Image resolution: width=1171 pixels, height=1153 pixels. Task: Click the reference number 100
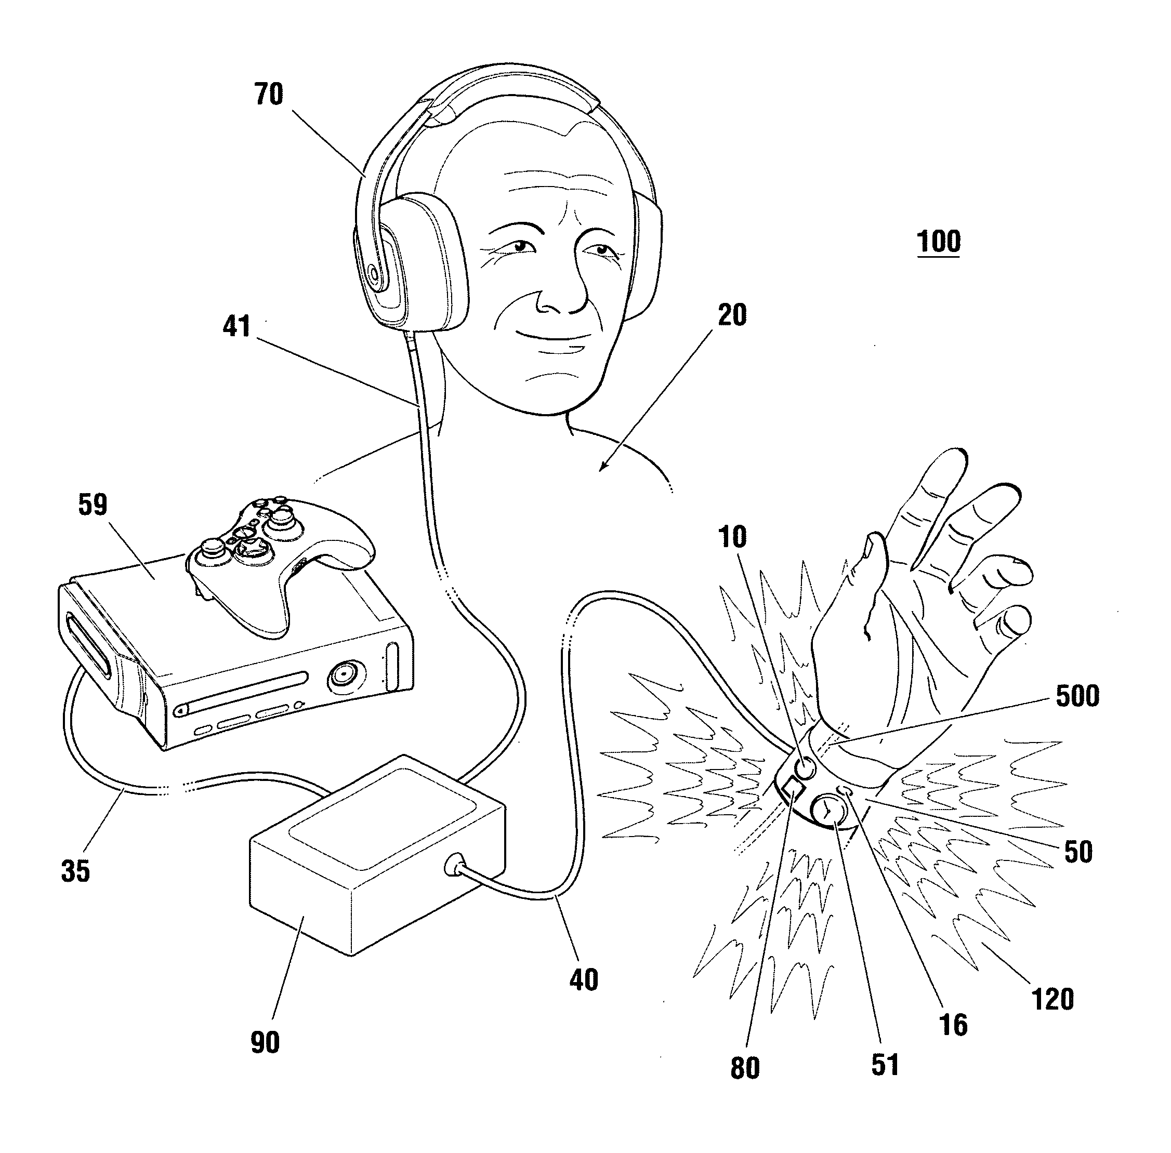point(938,242)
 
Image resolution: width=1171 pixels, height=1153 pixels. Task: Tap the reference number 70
point(268,95)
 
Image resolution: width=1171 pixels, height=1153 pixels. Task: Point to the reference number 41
point(237,326)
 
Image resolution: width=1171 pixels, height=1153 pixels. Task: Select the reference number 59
point(93,504)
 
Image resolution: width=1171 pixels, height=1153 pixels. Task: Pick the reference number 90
point(265,1042)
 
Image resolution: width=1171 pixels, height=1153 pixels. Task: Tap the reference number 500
point(1077,696)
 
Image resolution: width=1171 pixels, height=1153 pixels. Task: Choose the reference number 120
point(1052,999)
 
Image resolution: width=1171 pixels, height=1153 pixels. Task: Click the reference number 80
point(744,1069)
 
